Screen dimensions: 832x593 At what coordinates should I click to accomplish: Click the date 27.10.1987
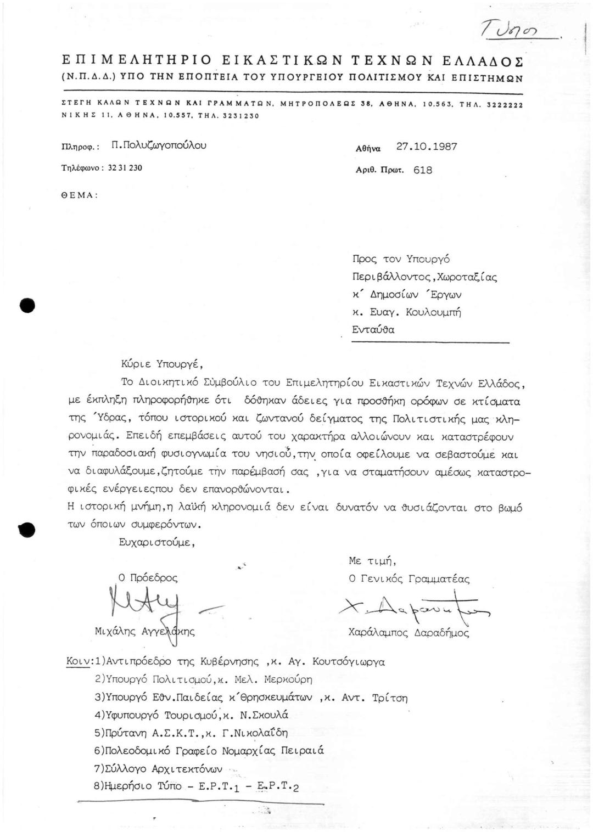click(x=427, y=147)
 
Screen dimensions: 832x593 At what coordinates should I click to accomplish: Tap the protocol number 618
click(x=422, y=170)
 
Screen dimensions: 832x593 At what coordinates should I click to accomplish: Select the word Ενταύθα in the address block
click(x=373, y=330)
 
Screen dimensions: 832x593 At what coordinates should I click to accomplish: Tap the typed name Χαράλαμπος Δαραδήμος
click(x=409, y=632)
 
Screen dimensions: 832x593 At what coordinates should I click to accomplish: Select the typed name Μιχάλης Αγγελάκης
click(x=144, y=632)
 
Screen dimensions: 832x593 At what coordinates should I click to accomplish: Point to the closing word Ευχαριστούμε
click(x=156, y=542)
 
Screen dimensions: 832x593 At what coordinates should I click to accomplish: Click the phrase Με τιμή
click(x=372, y=560)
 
